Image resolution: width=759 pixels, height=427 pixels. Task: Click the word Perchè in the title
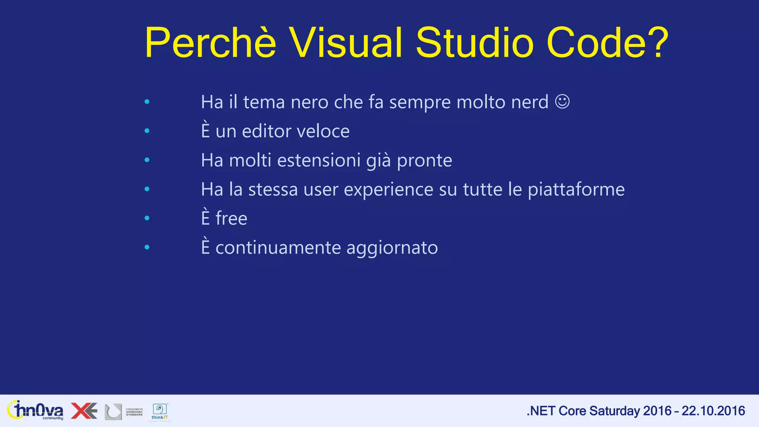[210, 43]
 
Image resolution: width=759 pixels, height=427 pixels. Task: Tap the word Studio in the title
[475, 43]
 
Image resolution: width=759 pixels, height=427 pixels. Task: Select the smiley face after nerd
[562, 102]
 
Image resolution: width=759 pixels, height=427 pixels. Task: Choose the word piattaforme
[576, 189]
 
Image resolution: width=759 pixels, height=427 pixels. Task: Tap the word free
[231, 218]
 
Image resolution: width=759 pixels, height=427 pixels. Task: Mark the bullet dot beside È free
[147, 218]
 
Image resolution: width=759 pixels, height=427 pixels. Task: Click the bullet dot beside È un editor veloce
[147, 130]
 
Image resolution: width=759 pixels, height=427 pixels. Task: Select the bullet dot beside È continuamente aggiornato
[147, 247]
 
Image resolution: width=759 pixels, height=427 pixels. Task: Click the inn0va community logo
[35, 410]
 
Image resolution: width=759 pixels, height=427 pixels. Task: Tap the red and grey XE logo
[84, 411]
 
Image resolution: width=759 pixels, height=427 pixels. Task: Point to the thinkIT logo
[160, 412]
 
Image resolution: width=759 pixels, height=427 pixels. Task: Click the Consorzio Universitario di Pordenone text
[134, 412]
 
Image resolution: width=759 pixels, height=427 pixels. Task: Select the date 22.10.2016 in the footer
[713, 411]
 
